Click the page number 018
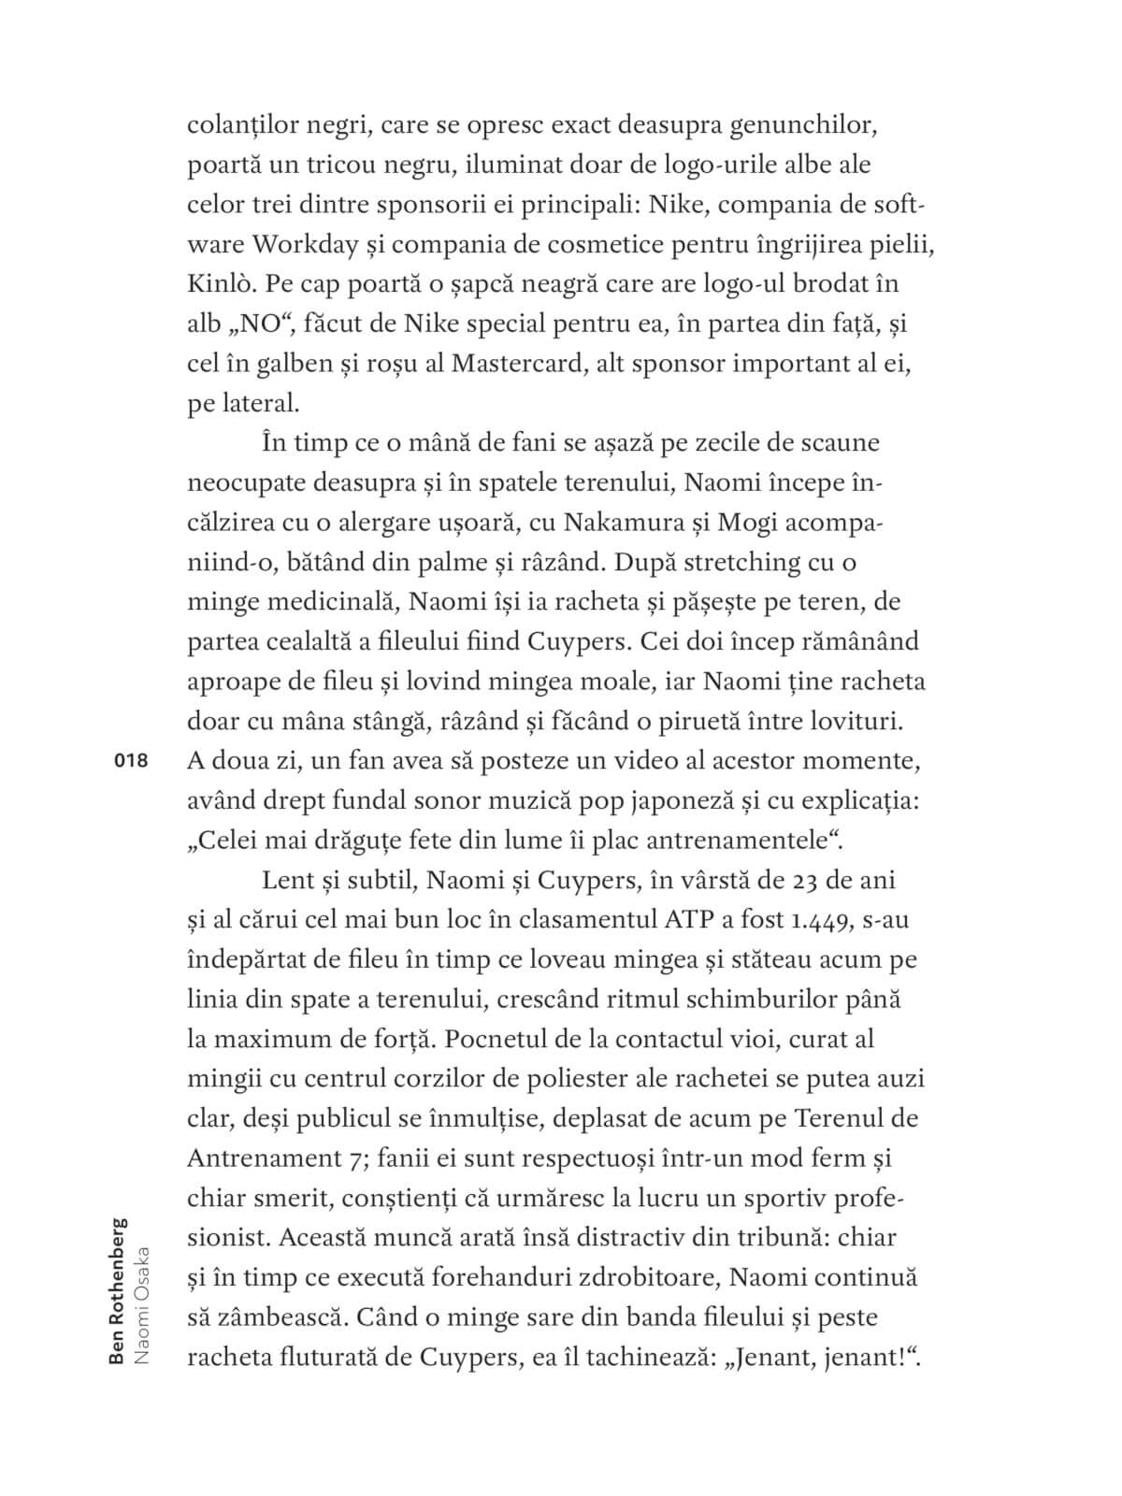coord(131,761)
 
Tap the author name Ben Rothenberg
coord(118,1289)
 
